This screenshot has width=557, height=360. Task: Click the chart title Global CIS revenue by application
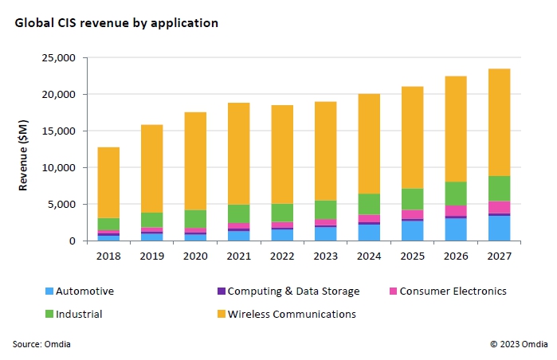pos(116,23)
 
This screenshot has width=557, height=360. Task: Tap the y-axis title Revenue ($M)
pos(25,149)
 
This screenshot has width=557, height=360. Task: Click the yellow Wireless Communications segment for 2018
pos(108,182)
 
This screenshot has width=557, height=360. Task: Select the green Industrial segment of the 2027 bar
pos(499,189)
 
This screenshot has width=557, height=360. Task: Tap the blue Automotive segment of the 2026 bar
pos(456,229)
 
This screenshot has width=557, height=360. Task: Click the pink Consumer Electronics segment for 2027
pos(499,207)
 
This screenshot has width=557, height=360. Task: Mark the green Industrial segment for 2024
pos(368,204)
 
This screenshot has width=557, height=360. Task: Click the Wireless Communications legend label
pos(292,314)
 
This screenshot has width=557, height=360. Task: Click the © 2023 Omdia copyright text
pos(519,344)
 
